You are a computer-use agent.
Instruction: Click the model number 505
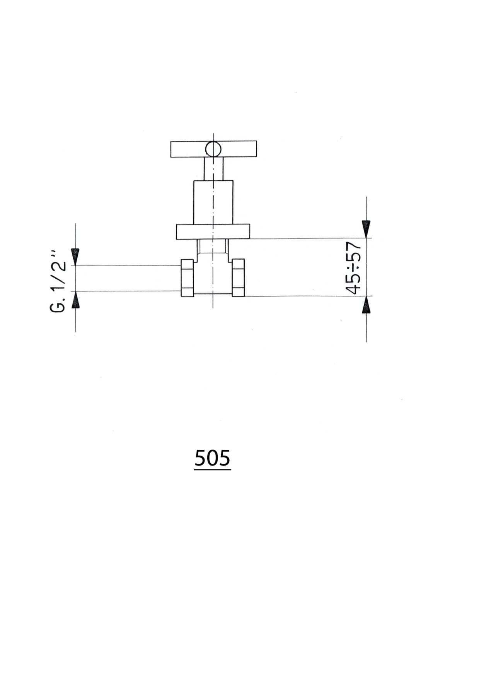(x=212, y=458)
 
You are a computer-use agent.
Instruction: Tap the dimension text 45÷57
(x=353, y=268)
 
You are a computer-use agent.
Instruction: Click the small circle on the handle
(x=213, y=149)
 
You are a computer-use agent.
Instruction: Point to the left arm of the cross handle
(x=188, y=149)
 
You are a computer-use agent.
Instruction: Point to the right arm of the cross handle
(x=239, y=149)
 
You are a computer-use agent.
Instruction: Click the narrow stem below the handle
(x=213, y=169)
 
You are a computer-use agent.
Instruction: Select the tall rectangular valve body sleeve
(x=213, y=202)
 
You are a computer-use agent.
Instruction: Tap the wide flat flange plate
(x=213, y=231)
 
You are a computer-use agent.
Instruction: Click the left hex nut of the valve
(x=187, y=278)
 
